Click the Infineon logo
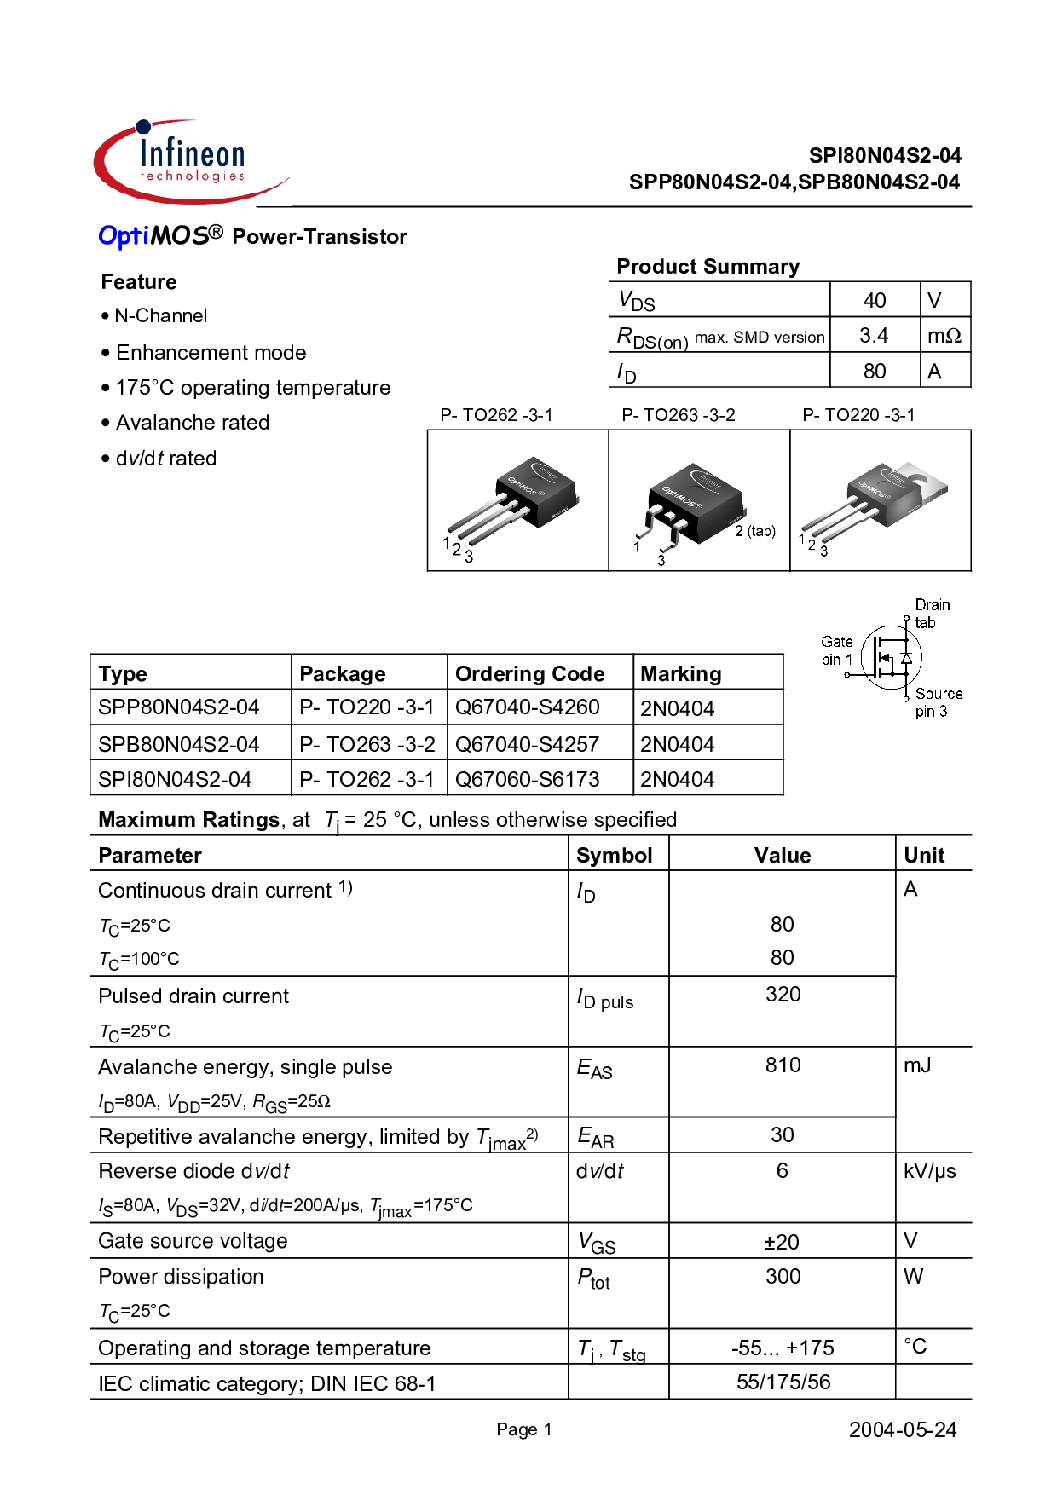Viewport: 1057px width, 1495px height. [192, 161]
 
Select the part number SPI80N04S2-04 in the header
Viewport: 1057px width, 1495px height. [885, 156]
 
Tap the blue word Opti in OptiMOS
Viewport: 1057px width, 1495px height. [124, 236]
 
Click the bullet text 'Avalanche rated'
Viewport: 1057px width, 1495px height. [193, 423]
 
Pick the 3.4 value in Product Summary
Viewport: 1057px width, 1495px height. [874, 336]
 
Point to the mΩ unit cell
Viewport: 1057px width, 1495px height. [944, 336]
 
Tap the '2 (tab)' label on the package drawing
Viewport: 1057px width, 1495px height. [755, 531]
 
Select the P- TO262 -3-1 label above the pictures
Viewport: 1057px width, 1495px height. [496, 415]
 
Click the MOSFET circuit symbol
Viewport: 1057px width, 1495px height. [891, 657]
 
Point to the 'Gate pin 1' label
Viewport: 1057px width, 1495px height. [837, 650]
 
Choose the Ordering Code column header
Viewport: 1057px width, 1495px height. [530, 674]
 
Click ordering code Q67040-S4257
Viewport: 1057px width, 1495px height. [528, 744]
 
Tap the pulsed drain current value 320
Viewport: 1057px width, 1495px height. [783, 995]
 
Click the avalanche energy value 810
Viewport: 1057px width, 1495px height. [783, 1065]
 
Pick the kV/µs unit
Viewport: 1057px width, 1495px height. [930, 1171]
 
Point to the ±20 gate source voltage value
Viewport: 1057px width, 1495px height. [782, 1243]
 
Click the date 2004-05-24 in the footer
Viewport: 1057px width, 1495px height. [903, 1430]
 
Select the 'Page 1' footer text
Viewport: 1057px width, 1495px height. [524, 1429]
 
